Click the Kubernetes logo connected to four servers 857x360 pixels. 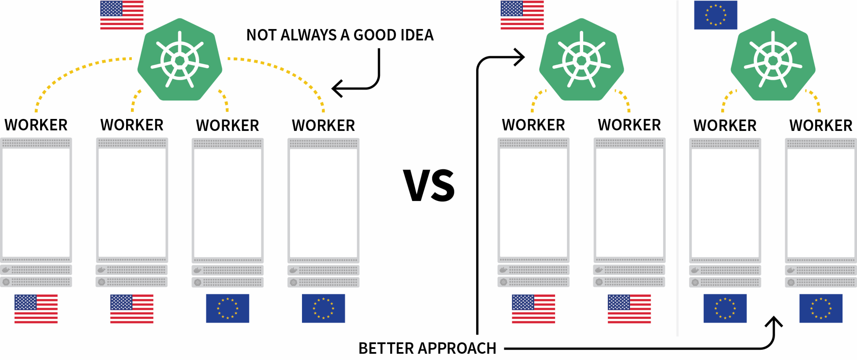point(179,60)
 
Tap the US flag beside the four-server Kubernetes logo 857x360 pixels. point(122,15)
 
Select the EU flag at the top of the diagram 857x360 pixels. point(715,15)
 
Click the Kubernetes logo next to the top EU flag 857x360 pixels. point(773,60)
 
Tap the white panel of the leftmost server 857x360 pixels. point(36,203)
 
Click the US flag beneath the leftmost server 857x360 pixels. point(36,308)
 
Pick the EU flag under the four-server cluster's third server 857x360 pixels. point(227,308)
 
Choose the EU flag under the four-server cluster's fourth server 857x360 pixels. point(324,308)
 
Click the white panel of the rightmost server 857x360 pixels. point(821,203)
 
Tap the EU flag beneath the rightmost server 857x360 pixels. point(821,308)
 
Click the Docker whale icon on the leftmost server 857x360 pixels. point(6,270)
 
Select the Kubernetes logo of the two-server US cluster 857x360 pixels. point(581,60)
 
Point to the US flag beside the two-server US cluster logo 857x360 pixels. point(522,15)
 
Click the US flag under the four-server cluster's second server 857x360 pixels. point(131,308)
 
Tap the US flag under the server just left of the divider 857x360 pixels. point(629,308)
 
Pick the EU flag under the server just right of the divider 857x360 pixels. point(725,308)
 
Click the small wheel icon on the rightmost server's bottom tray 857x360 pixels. point(791,282)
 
